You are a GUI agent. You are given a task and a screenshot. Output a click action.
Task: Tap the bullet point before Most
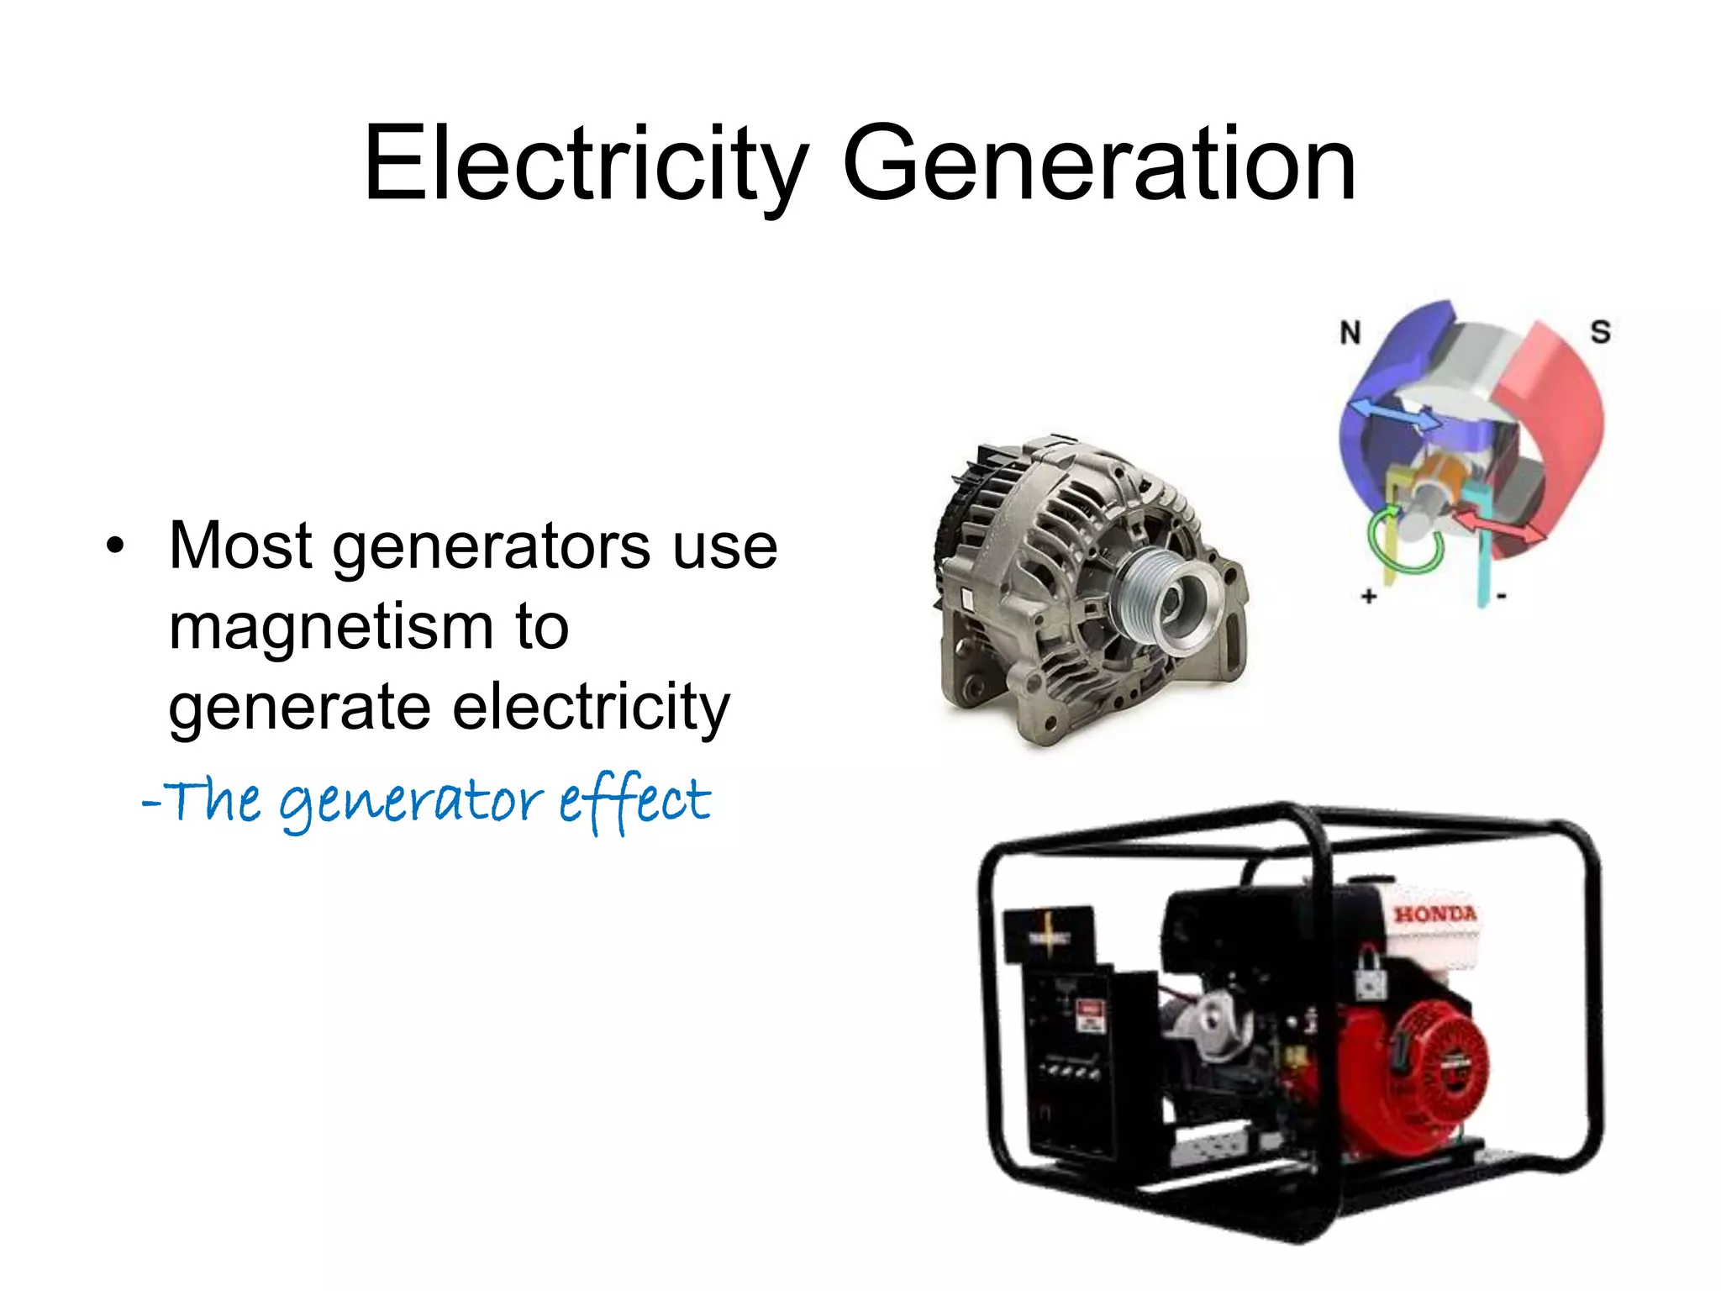[x=115, y=547]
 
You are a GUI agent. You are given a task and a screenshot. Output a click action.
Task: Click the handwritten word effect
[x=635, y=800]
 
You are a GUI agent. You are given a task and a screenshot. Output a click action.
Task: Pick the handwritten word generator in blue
[x=412, y=803]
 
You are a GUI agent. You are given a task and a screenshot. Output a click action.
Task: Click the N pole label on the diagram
[x=1350, y=334]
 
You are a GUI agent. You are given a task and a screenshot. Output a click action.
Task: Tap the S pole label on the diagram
[x=1600, y=332]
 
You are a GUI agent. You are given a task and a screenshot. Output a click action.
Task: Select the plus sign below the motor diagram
[x=1369, y=597]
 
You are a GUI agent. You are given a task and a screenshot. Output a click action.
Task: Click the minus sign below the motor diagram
[x=1502, y=597]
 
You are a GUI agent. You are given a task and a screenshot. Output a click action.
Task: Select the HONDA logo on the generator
[x=1434, y=914]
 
